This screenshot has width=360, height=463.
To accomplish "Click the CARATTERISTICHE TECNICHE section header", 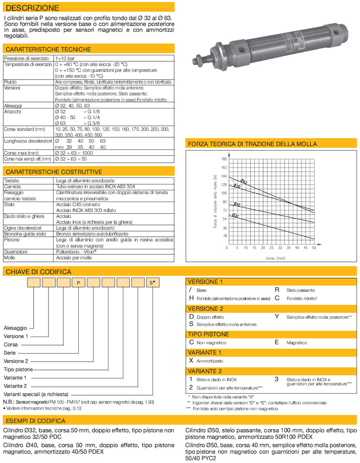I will [x=47, y=49].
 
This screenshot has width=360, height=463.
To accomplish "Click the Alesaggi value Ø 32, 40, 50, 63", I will [x=72, y=105].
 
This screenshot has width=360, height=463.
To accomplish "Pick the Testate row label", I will [x=12, y=180].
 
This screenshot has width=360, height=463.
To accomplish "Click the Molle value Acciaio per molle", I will [x=74, y=258].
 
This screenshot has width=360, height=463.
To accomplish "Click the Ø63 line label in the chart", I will [x=243, y=181].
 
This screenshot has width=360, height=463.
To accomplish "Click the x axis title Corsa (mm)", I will [x=275, y=258].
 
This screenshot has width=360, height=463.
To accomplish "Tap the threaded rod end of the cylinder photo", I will [x=198, y=59].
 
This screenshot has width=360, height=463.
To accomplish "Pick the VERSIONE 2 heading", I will [x=205, y=308].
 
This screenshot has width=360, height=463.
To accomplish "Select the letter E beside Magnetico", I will [x=277, y=342].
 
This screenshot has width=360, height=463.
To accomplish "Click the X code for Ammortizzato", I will [x=191, y=360].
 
